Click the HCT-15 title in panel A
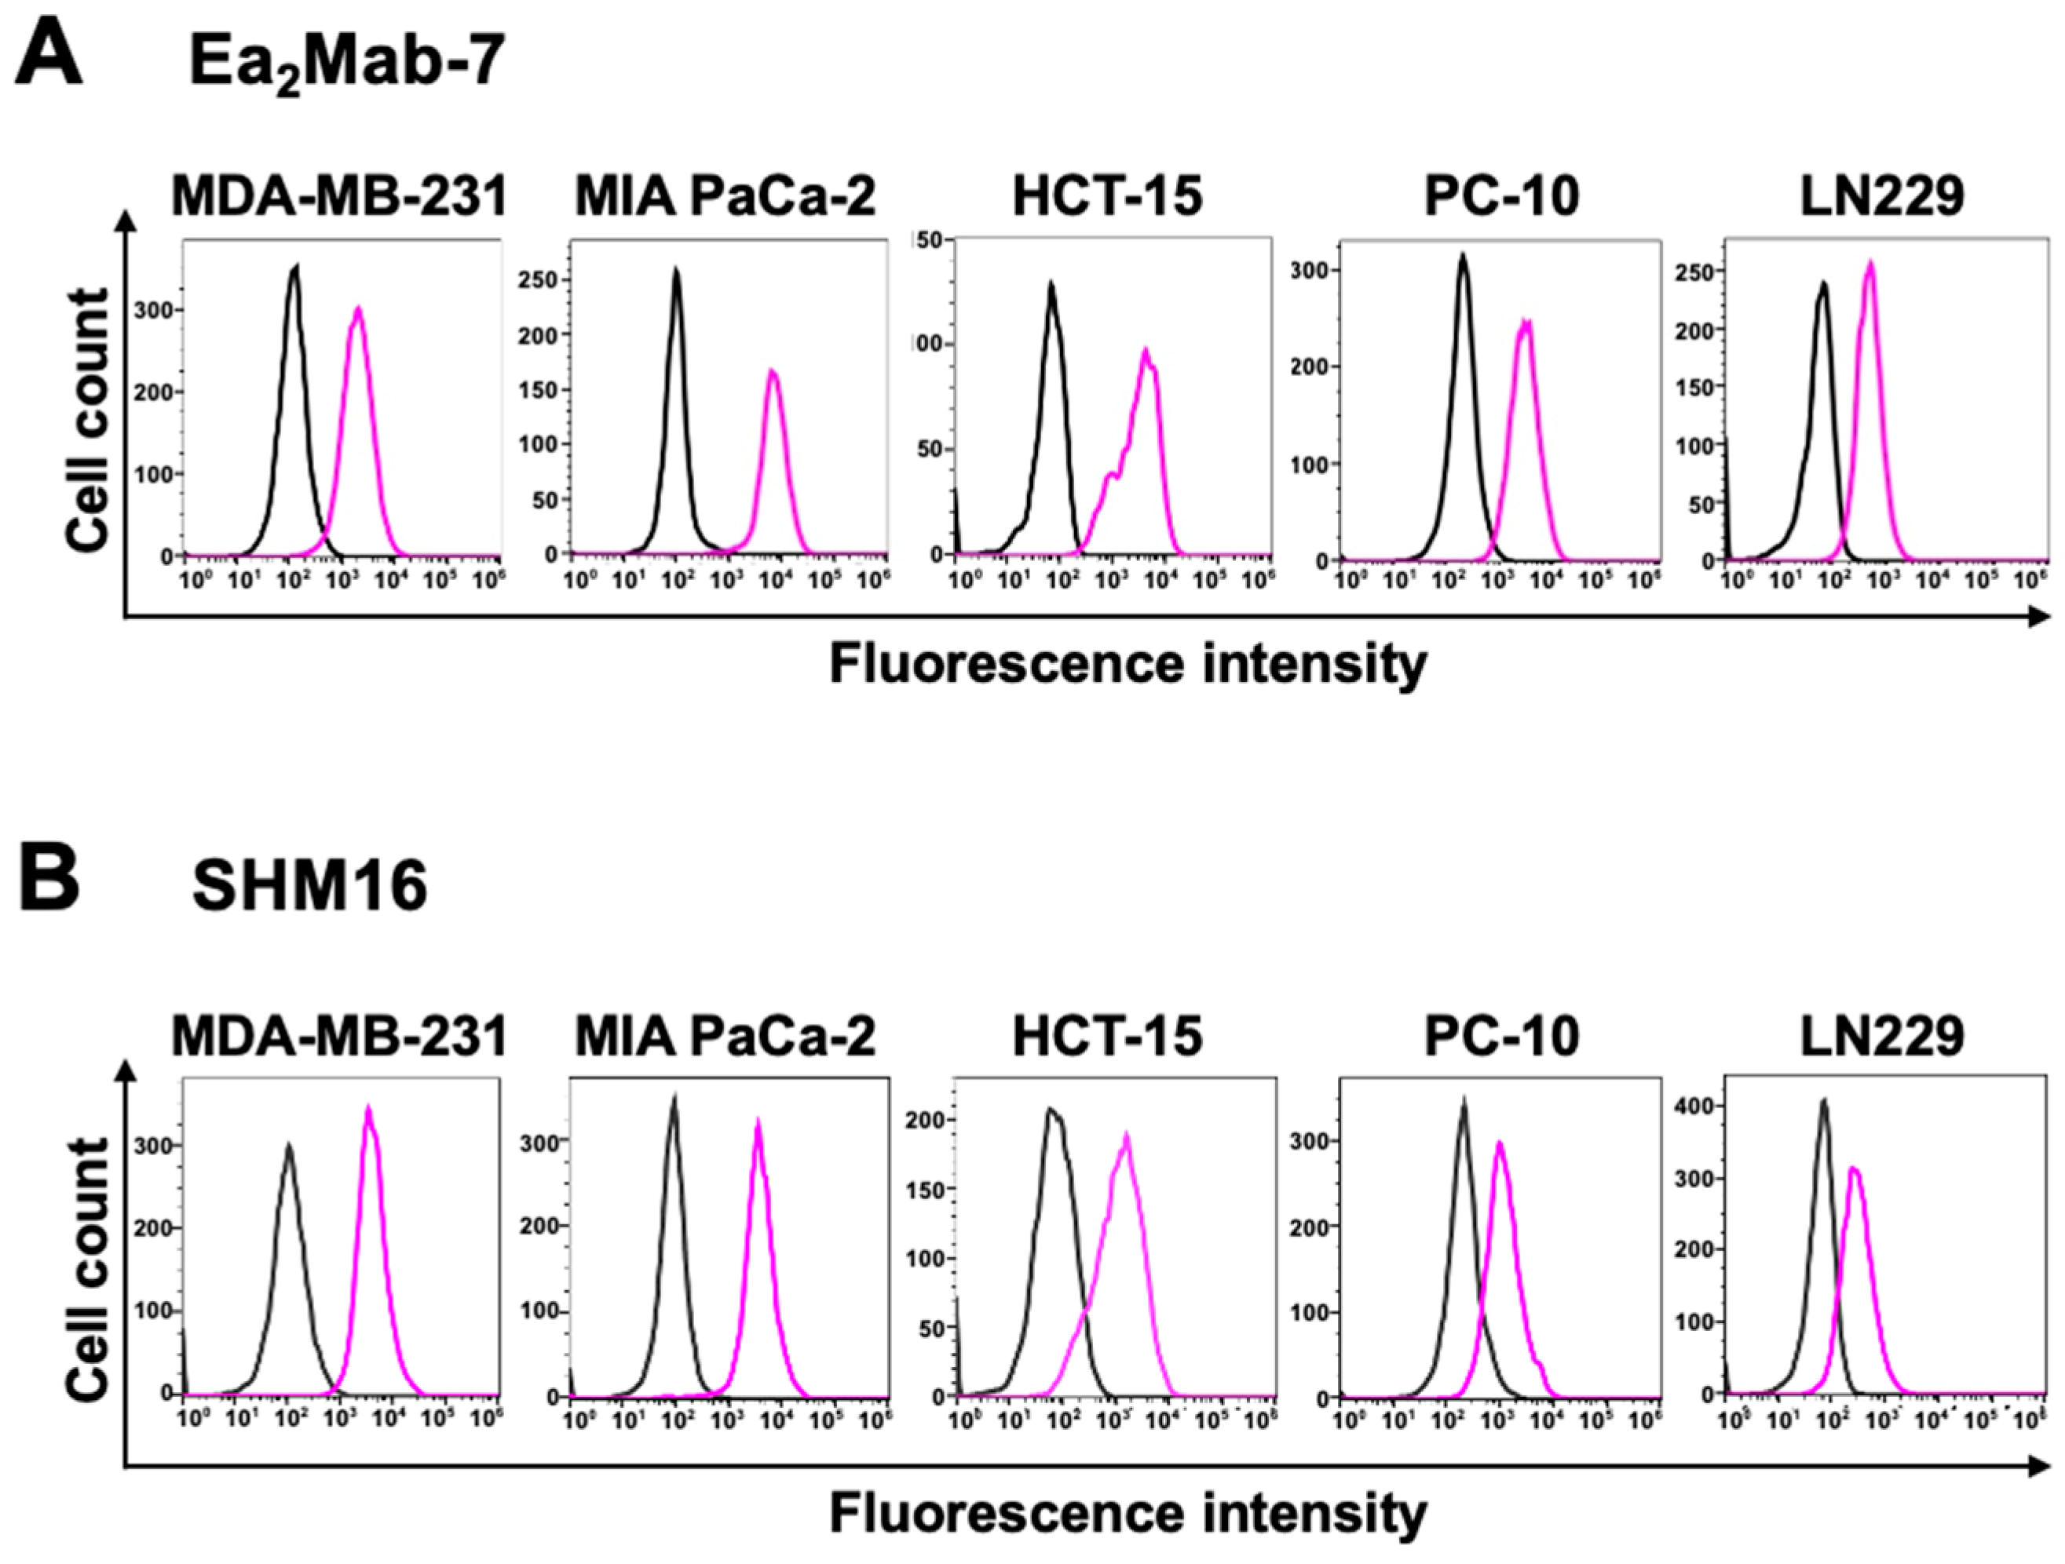click(1107, 197)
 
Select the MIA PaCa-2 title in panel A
click(725, 197)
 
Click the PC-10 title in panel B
click(1501, 1035)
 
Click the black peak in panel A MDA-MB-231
click(295, 268)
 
